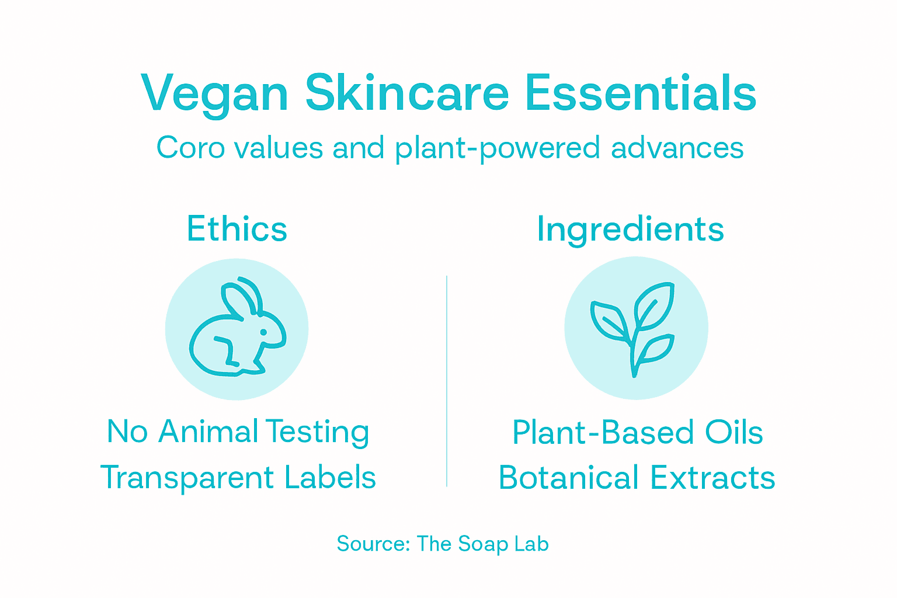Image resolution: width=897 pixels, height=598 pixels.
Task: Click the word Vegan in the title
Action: tap(214, 93)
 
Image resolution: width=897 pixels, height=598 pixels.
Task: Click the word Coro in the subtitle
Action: tap(190, 147)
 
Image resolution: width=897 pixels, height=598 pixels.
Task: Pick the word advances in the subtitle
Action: tap(677, 147)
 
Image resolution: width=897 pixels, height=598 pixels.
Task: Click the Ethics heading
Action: tap(237, 228)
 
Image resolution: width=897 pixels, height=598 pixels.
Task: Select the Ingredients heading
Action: tap(630, 229)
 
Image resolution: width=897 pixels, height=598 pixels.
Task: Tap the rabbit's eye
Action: tap(263, 332)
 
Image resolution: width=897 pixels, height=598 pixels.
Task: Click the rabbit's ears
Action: tap(241, 296)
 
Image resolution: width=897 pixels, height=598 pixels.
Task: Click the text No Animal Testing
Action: tap(238, 432)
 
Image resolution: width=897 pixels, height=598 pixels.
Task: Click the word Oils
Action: tap(733, 433)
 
